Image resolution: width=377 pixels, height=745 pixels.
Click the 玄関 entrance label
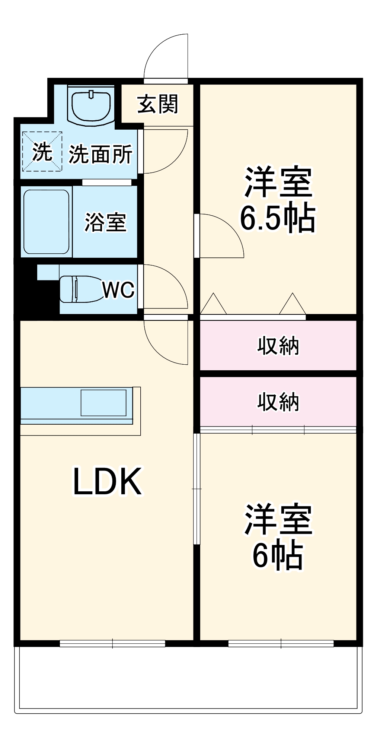coord(158,104)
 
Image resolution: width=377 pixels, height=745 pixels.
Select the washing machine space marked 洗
coord(41,152)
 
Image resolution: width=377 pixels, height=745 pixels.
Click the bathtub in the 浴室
coord(47,222)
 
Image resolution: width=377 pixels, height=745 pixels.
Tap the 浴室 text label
coord(106,222)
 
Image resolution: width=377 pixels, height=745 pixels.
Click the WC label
coord(118,289)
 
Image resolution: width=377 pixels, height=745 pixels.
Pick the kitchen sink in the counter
coord(103,403)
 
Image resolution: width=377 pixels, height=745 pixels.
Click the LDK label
coord(107,481)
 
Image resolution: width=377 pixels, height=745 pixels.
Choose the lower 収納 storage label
coord(278,402)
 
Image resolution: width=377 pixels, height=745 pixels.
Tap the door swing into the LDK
coord(166,341)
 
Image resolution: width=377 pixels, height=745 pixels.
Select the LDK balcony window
coord(112,643)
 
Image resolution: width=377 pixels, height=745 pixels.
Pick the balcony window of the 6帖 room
coord(281,643)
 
